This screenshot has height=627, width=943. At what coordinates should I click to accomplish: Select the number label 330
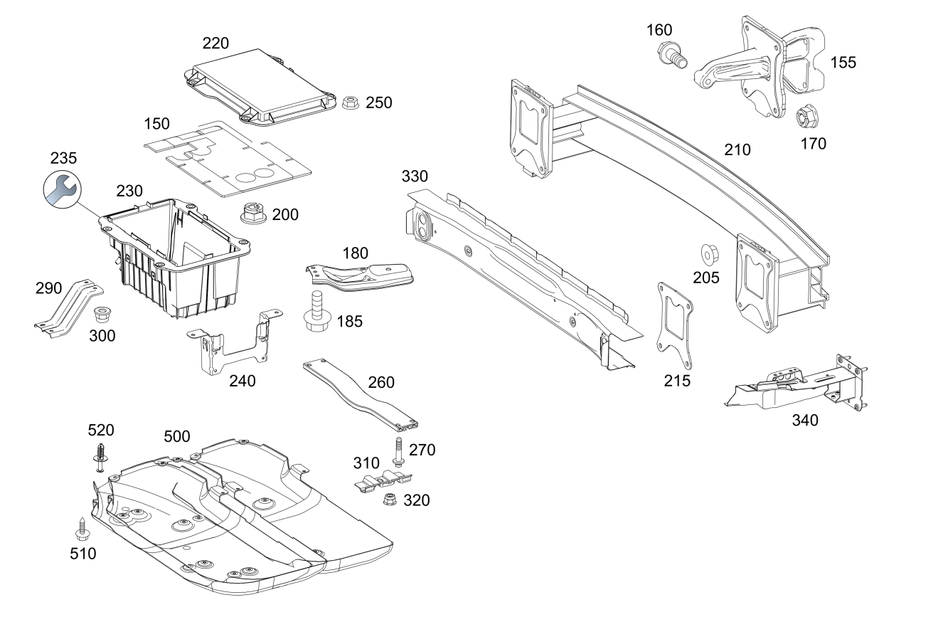click(415, 176)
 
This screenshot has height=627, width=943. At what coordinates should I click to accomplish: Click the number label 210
click(737, 150)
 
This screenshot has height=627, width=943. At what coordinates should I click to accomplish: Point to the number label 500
click(176, 436)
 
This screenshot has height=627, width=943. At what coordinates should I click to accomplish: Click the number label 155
click(843, 62)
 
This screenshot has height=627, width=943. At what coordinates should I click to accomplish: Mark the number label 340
click(805, 420)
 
